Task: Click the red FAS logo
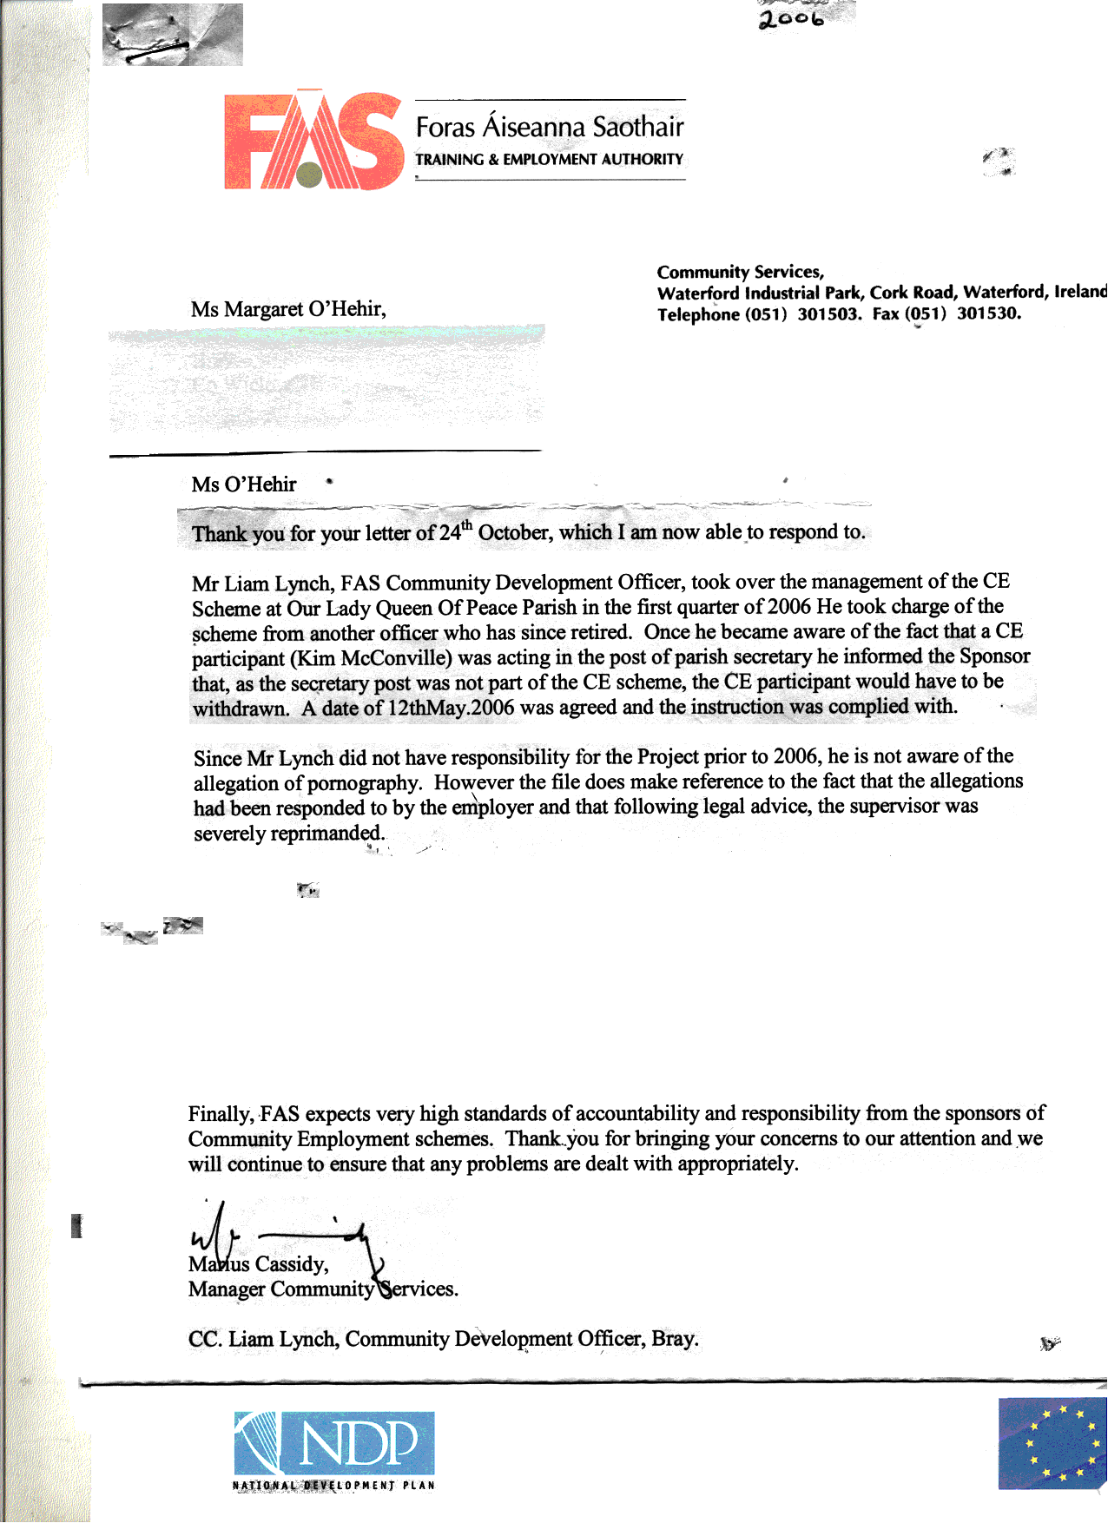click(313, 141)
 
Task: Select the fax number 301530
click(988, 313)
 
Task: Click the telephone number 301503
click(828, 314)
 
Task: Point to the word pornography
click(365, 783)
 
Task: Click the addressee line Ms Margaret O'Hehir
click(288, 309)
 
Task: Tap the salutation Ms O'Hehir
click(244, 485)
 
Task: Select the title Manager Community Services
click(323, 1289)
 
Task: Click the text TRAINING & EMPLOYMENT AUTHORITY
click(549, 160)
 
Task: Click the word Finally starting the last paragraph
click(221, 1114)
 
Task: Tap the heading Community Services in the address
click(740, 272)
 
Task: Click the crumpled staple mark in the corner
click(172, 35)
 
